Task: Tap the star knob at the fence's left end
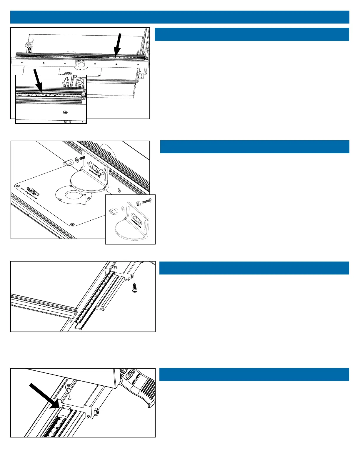[x=29, y=45]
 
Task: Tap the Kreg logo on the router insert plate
[x=33, y=190]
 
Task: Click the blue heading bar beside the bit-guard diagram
[x=254, y=147]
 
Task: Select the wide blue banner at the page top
[x=180, y=17]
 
